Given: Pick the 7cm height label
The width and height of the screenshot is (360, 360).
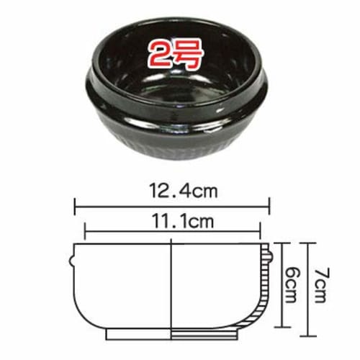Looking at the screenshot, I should click(x=321, y=284).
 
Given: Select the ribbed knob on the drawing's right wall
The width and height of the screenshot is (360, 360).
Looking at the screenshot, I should click(x=269, y=256).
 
